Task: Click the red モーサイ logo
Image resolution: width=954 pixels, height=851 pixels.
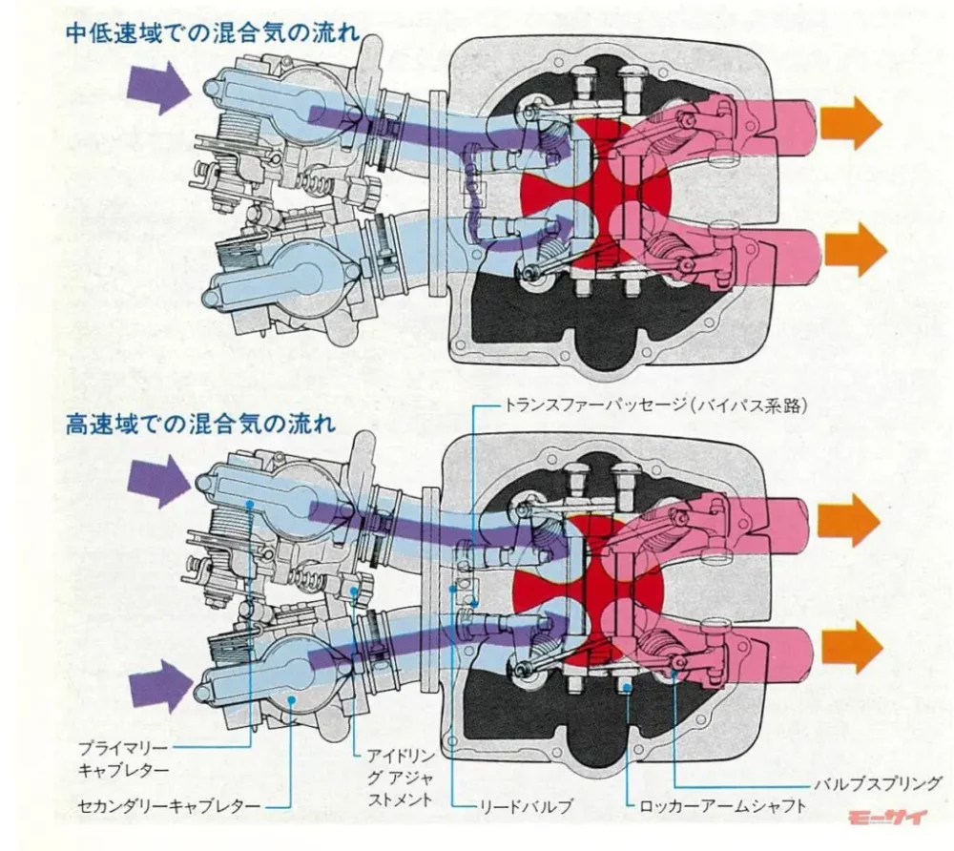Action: tap(886, 819)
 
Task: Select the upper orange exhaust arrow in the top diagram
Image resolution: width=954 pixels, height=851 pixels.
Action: tap(852, 122)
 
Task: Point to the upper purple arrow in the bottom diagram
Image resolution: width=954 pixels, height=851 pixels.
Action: tap(158, 481)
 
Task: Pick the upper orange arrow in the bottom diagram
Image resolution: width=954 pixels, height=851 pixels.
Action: tap(850, 521)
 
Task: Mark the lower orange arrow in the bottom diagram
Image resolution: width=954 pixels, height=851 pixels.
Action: tap(852, 646)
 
